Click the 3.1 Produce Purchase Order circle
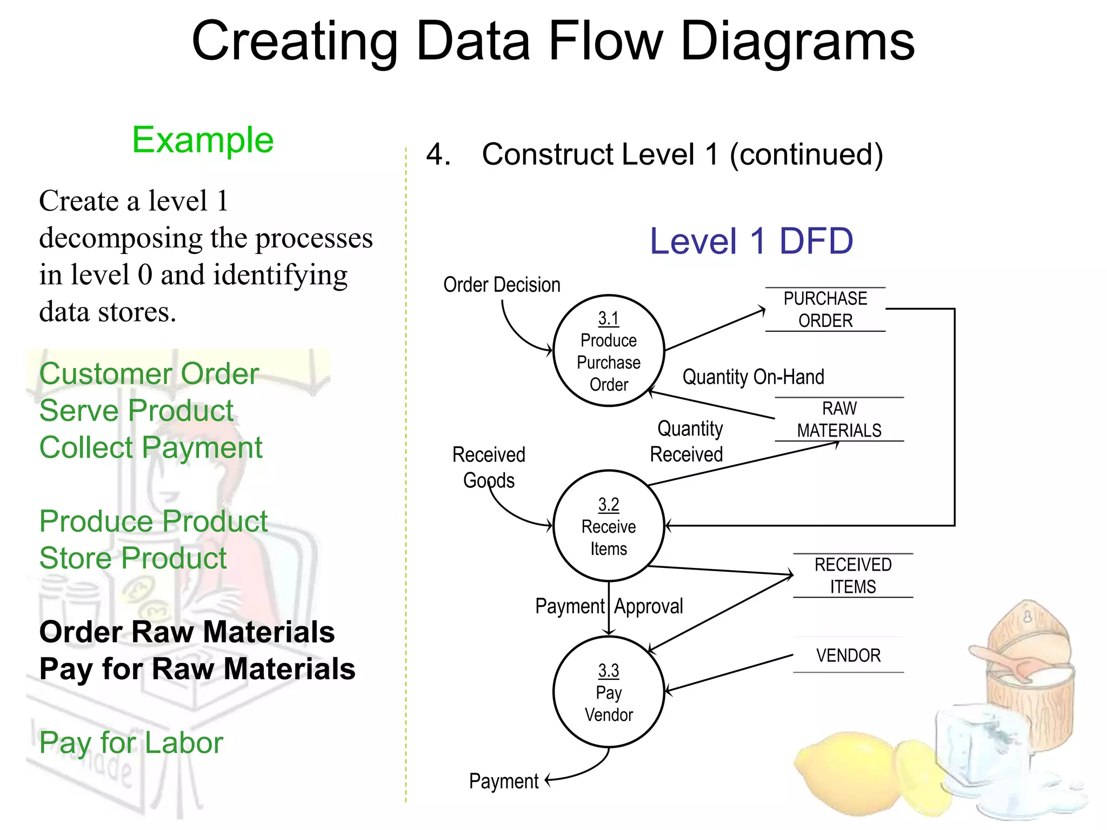609,351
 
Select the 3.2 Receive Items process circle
609,526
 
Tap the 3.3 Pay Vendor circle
609,692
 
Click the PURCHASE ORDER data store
825,310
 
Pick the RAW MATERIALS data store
839,419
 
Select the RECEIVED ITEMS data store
853,575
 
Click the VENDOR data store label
848,655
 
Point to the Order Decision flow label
502,285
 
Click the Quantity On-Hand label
753,377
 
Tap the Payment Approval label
609,606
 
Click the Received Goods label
489,467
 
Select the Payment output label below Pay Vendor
504,781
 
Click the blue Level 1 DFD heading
751,241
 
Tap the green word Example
203,140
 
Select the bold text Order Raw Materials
187,632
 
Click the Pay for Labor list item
131,742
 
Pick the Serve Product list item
136,411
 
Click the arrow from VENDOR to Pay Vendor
730,673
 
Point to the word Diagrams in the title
797,42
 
